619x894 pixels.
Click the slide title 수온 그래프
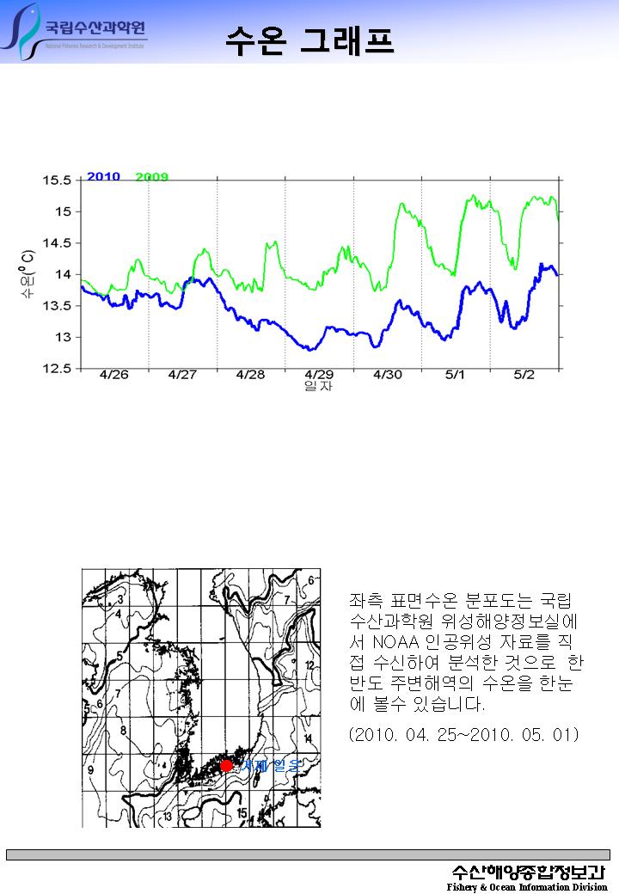click(x=309, y=40)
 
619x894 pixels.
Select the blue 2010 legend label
click(x=103, y=176)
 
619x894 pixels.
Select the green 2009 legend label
click(x=152, y=177)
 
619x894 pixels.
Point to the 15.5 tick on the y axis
click(x=57, y=181)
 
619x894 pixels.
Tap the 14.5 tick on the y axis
click(x=57, y=243)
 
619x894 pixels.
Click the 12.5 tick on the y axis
click(x=57, y=369)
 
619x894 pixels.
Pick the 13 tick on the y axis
click(x=64, y=337)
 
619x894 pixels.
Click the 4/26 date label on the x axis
click(x=114, y=376)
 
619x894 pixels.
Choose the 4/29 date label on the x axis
click(x=319, y=376)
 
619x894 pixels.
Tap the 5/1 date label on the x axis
click(x=455, y=376)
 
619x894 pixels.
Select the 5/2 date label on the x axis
click(x=524, y=376)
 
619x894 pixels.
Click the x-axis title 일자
click(x=318, y=387)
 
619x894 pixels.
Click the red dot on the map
click(x=226, y=765)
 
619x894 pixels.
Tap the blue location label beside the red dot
click(x=270, y=765)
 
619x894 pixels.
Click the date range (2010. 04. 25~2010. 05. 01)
click(x=464, y=736)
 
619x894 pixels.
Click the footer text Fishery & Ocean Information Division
click(x=526, y=887)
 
